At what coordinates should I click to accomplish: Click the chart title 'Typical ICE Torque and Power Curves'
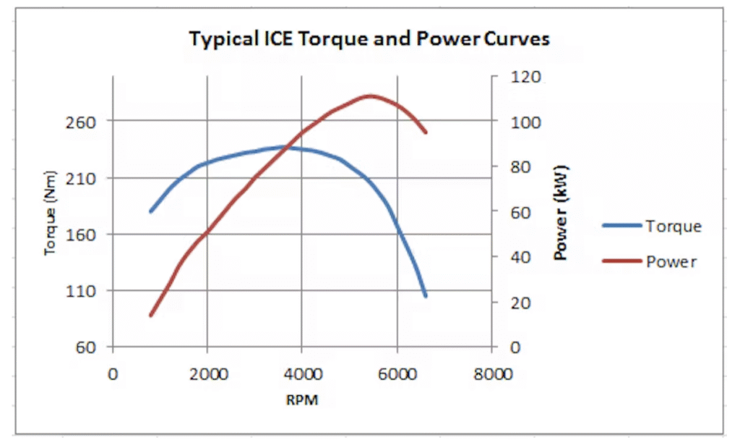pyautogui.click(x=369, y=38)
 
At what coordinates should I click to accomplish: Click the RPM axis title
pyautogui.click(x=302, y=399)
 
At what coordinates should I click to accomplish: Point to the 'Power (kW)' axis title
pyautogui.click(x=561, y=212)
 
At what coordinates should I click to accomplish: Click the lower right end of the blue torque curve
pyautogui.click(x=426, y=295)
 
